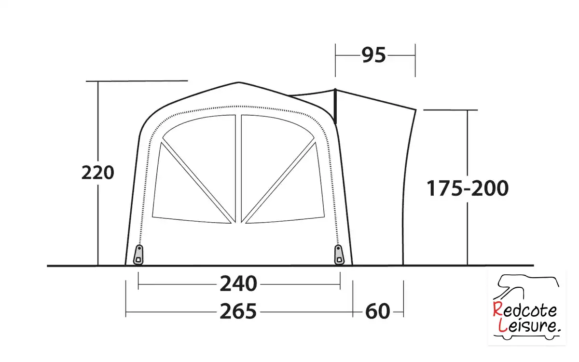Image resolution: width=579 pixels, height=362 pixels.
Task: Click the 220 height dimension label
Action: coord(97,173)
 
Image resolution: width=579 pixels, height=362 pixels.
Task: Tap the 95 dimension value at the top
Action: coord(373,55)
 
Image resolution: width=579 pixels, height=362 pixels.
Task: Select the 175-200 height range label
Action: coord(468,188)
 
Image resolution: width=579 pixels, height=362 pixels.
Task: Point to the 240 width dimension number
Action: coord(238,284)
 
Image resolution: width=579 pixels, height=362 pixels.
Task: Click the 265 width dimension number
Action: coord(238,311)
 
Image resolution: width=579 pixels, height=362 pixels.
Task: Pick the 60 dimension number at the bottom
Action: coord(378,311)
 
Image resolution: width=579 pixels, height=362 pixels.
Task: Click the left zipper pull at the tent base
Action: coord(138,255)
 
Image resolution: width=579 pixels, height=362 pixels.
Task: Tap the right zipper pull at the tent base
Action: coord(339,255)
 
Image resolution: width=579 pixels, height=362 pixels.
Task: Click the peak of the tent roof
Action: coord(238,82)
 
